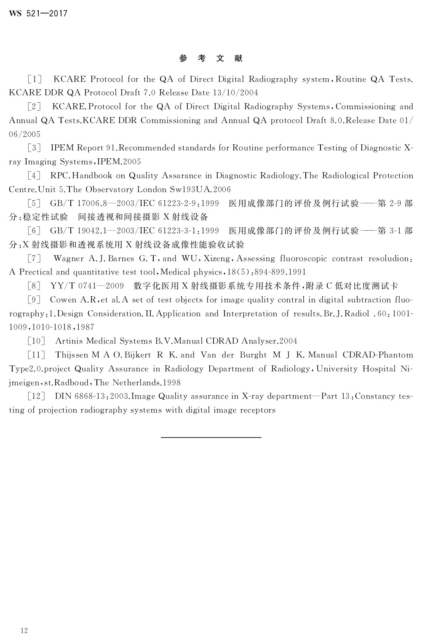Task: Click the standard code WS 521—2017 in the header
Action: click(x=38, y=13)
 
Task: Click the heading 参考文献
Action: click(x=211, y=59)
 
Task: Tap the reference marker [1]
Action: click(x=35, y=79)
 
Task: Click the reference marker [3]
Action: click(x=34, y=148)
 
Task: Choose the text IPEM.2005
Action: click(x=119, y=162)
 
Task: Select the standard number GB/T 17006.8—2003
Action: click(x=88, y=203)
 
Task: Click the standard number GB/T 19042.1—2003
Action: click(x=88, y=231)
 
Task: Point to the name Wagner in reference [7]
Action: click(x=69, y=258)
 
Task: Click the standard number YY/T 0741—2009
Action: click(x=87, y=286)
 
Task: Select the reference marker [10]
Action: click(x=36, y=341)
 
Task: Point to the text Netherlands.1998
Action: click(x=147, y=383)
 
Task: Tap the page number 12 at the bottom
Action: click(x=24, y=630)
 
